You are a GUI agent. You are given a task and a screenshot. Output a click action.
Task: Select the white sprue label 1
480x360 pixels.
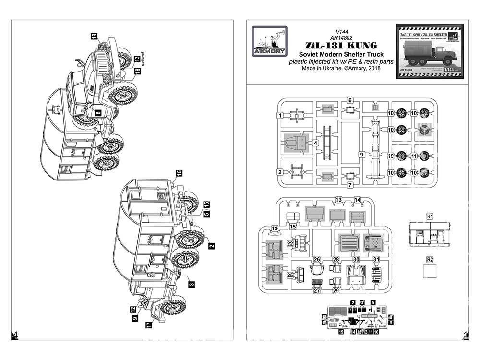[279, 115]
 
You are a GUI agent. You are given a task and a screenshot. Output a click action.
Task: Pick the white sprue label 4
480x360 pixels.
[316, 143]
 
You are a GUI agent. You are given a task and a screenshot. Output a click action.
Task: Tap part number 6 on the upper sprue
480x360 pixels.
[350, 100]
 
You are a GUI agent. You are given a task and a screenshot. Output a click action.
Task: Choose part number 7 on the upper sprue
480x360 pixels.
[350, 184]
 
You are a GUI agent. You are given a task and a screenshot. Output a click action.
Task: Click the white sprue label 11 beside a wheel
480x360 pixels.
[412, 156]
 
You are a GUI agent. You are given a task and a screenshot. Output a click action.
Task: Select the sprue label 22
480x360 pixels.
[290, 244]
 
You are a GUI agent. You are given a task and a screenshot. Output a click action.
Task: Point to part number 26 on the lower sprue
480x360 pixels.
[317, 259]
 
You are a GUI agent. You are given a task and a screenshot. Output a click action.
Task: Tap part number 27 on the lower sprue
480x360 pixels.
[317, 290]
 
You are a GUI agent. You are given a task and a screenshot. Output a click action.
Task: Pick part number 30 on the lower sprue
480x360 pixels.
[356, 259]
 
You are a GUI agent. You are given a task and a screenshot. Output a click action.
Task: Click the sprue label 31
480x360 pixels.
[376, 259]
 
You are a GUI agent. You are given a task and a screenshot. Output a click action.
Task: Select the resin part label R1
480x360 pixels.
[430, 216]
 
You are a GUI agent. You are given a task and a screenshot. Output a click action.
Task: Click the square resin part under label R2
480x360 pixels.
[430, 272]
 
